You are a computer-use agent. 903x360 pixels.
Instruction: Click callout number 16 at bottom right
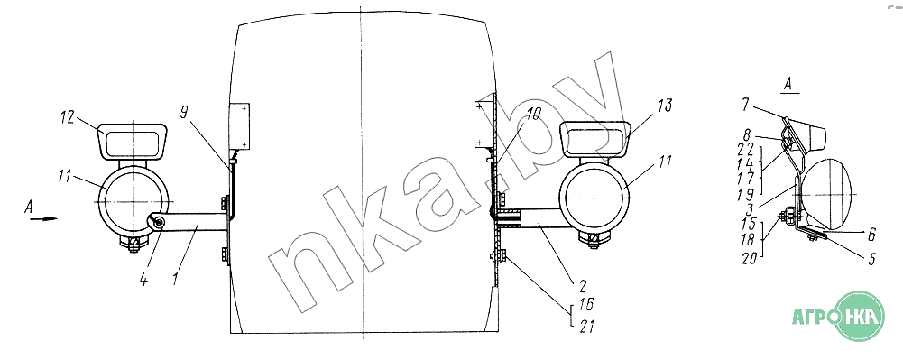coord(585,304)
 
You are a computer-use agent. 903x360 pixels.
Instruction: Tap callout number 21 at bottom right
coord(585,328)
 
